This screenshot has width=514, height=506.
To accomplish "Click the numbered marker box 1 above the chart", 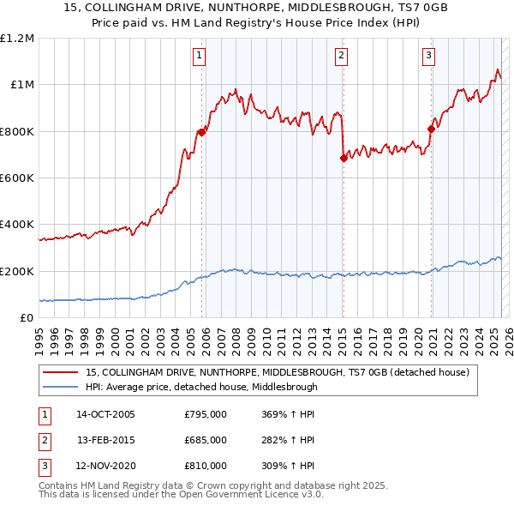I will click(199, 57).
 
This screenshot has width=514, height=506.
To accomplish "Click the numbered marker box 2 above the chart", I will click(341, 57).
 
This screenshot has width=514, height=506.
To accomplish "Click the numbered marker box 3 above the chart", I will click(428, 57).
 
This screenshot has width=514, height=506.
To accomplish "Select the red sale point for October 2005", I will click(202, 132).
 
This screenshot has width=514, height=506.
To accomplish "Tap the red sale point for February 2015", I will click(344, 158).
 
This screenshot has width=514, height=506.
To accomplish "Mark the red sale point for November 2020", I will click(431, 129).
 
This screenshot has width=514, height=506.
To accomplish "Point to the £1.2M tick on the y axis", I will click(17, 39).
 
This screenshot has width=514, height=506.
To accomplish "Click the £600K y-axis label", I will click(17, 178).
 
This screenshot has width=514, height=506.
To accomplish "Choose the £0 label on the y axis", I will click(26, 318).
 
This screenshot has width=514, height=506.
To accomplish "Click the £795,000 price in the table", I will click(206, 414).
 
